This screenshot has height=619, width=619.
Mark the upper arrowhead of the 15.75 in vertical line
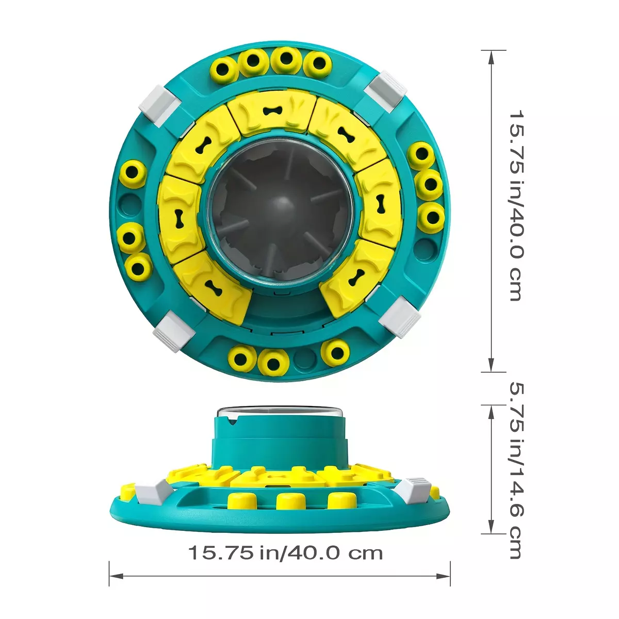[x=491, y=58]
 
